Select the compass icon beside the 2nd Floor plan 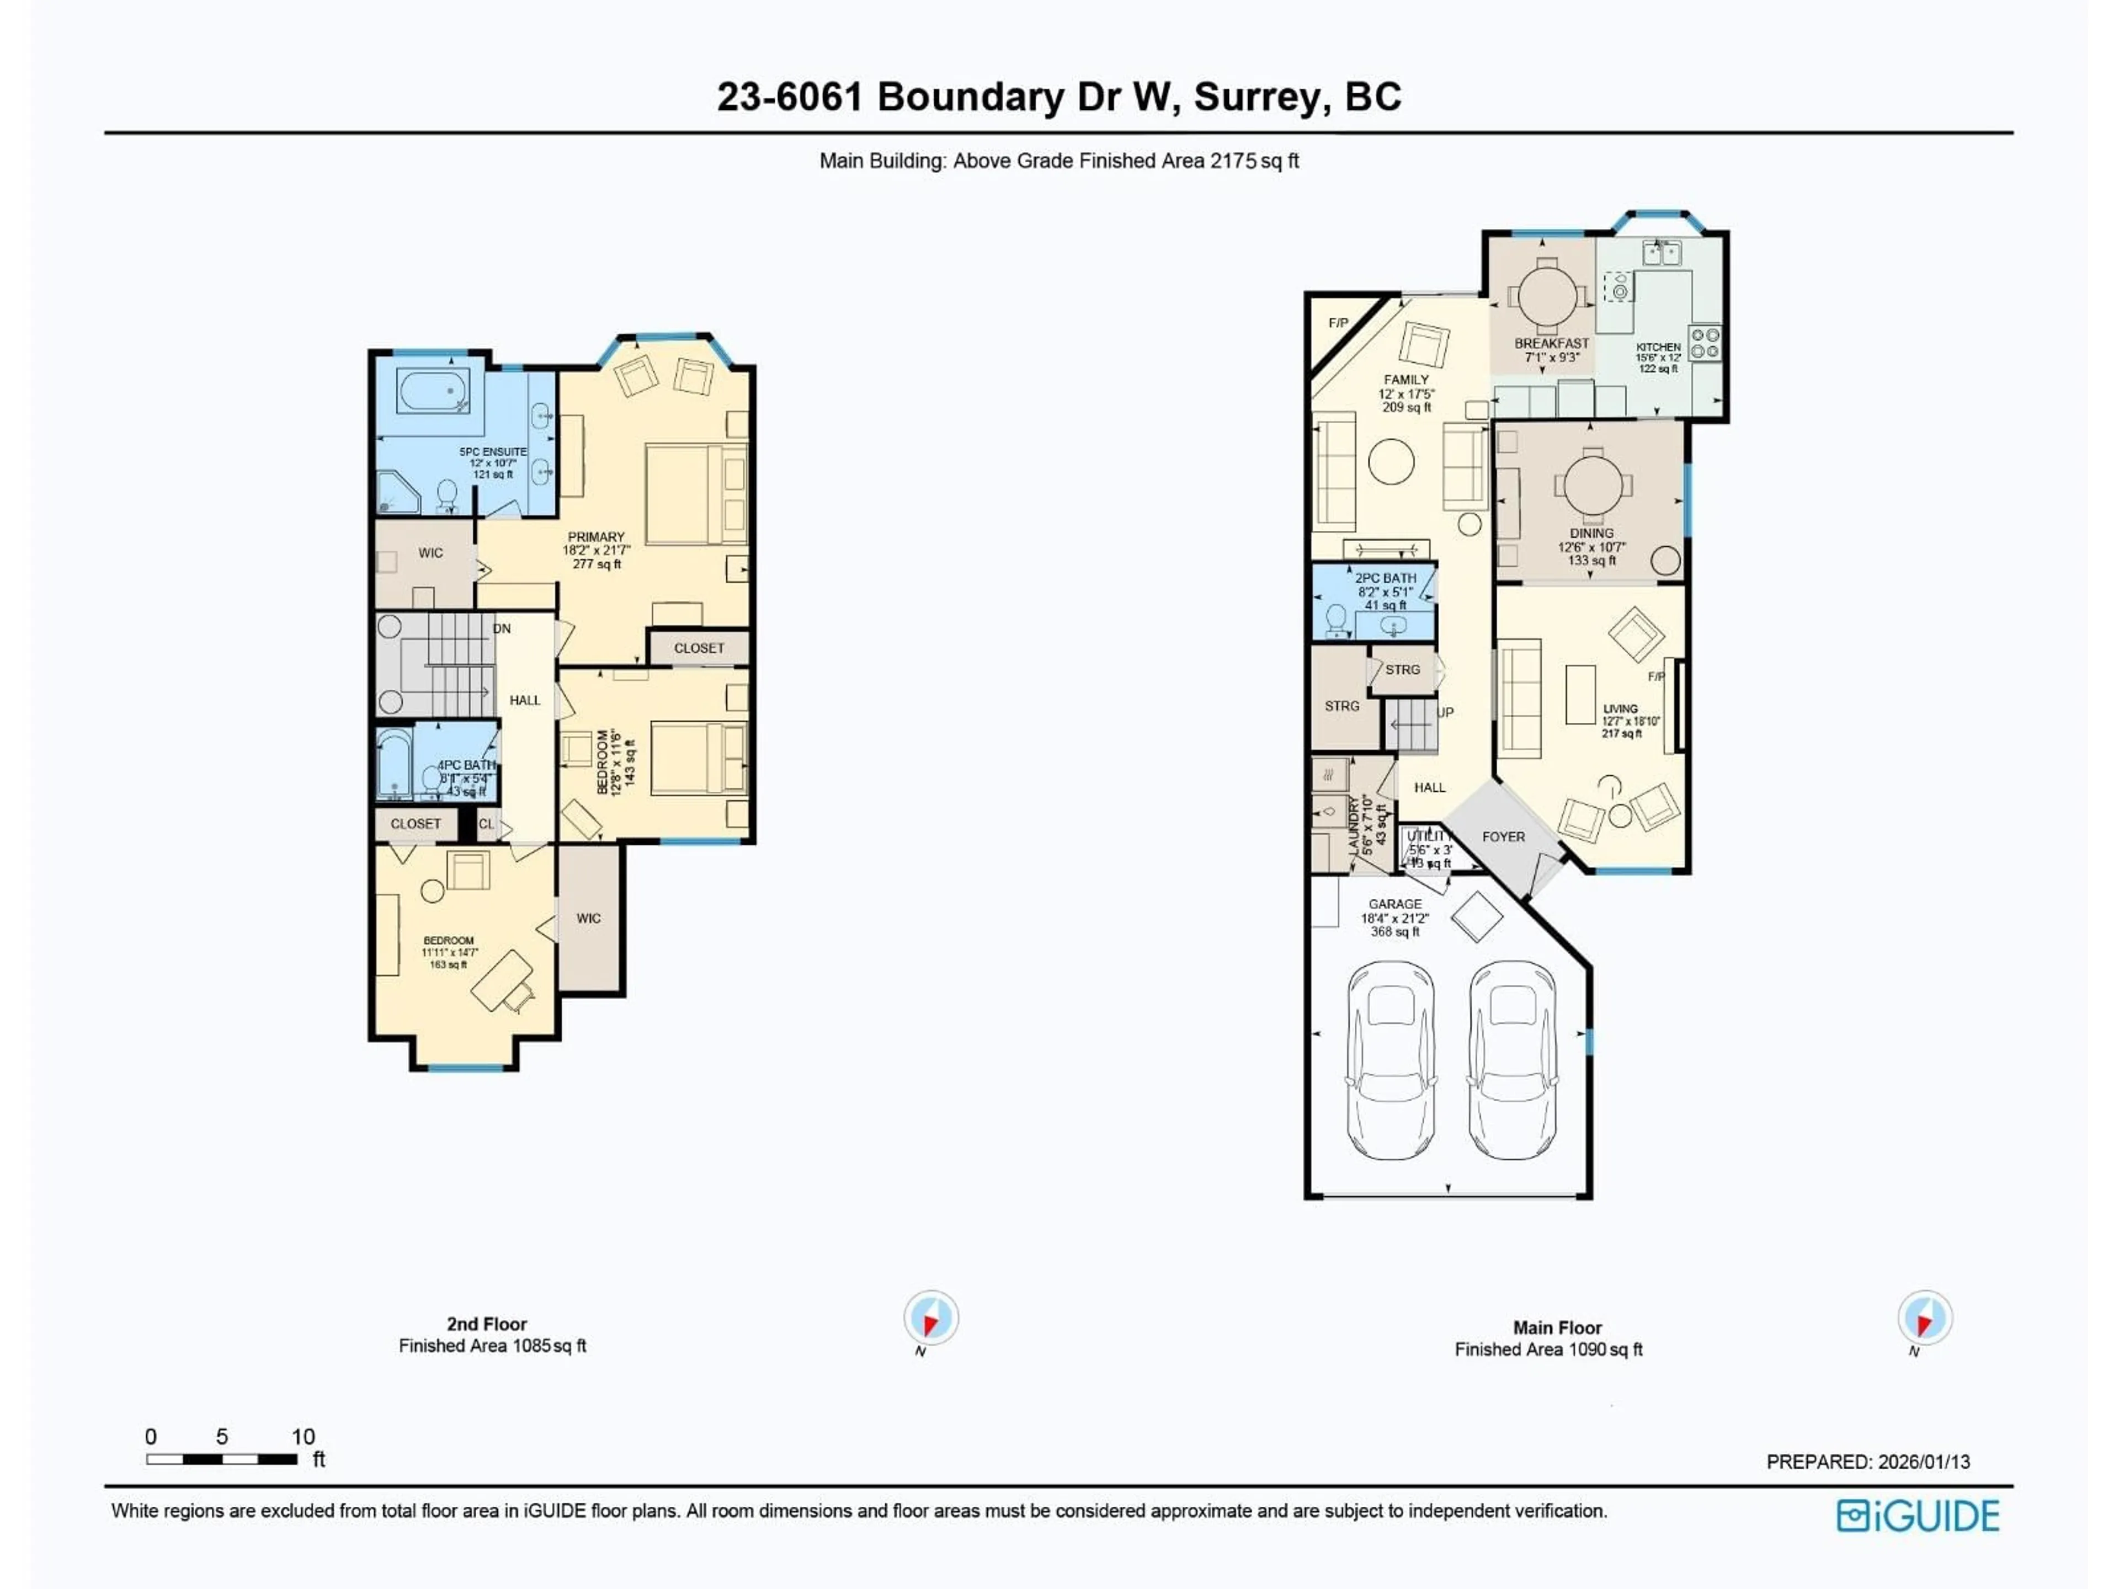click(x=930, y=1318)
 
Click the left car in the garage click(x=1391, y=1060)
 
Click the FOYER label click(x=1503, y=837)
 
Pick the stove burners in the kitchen click(x=1704, y=343)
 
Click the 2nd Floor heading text click(x=487, y=1324)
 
